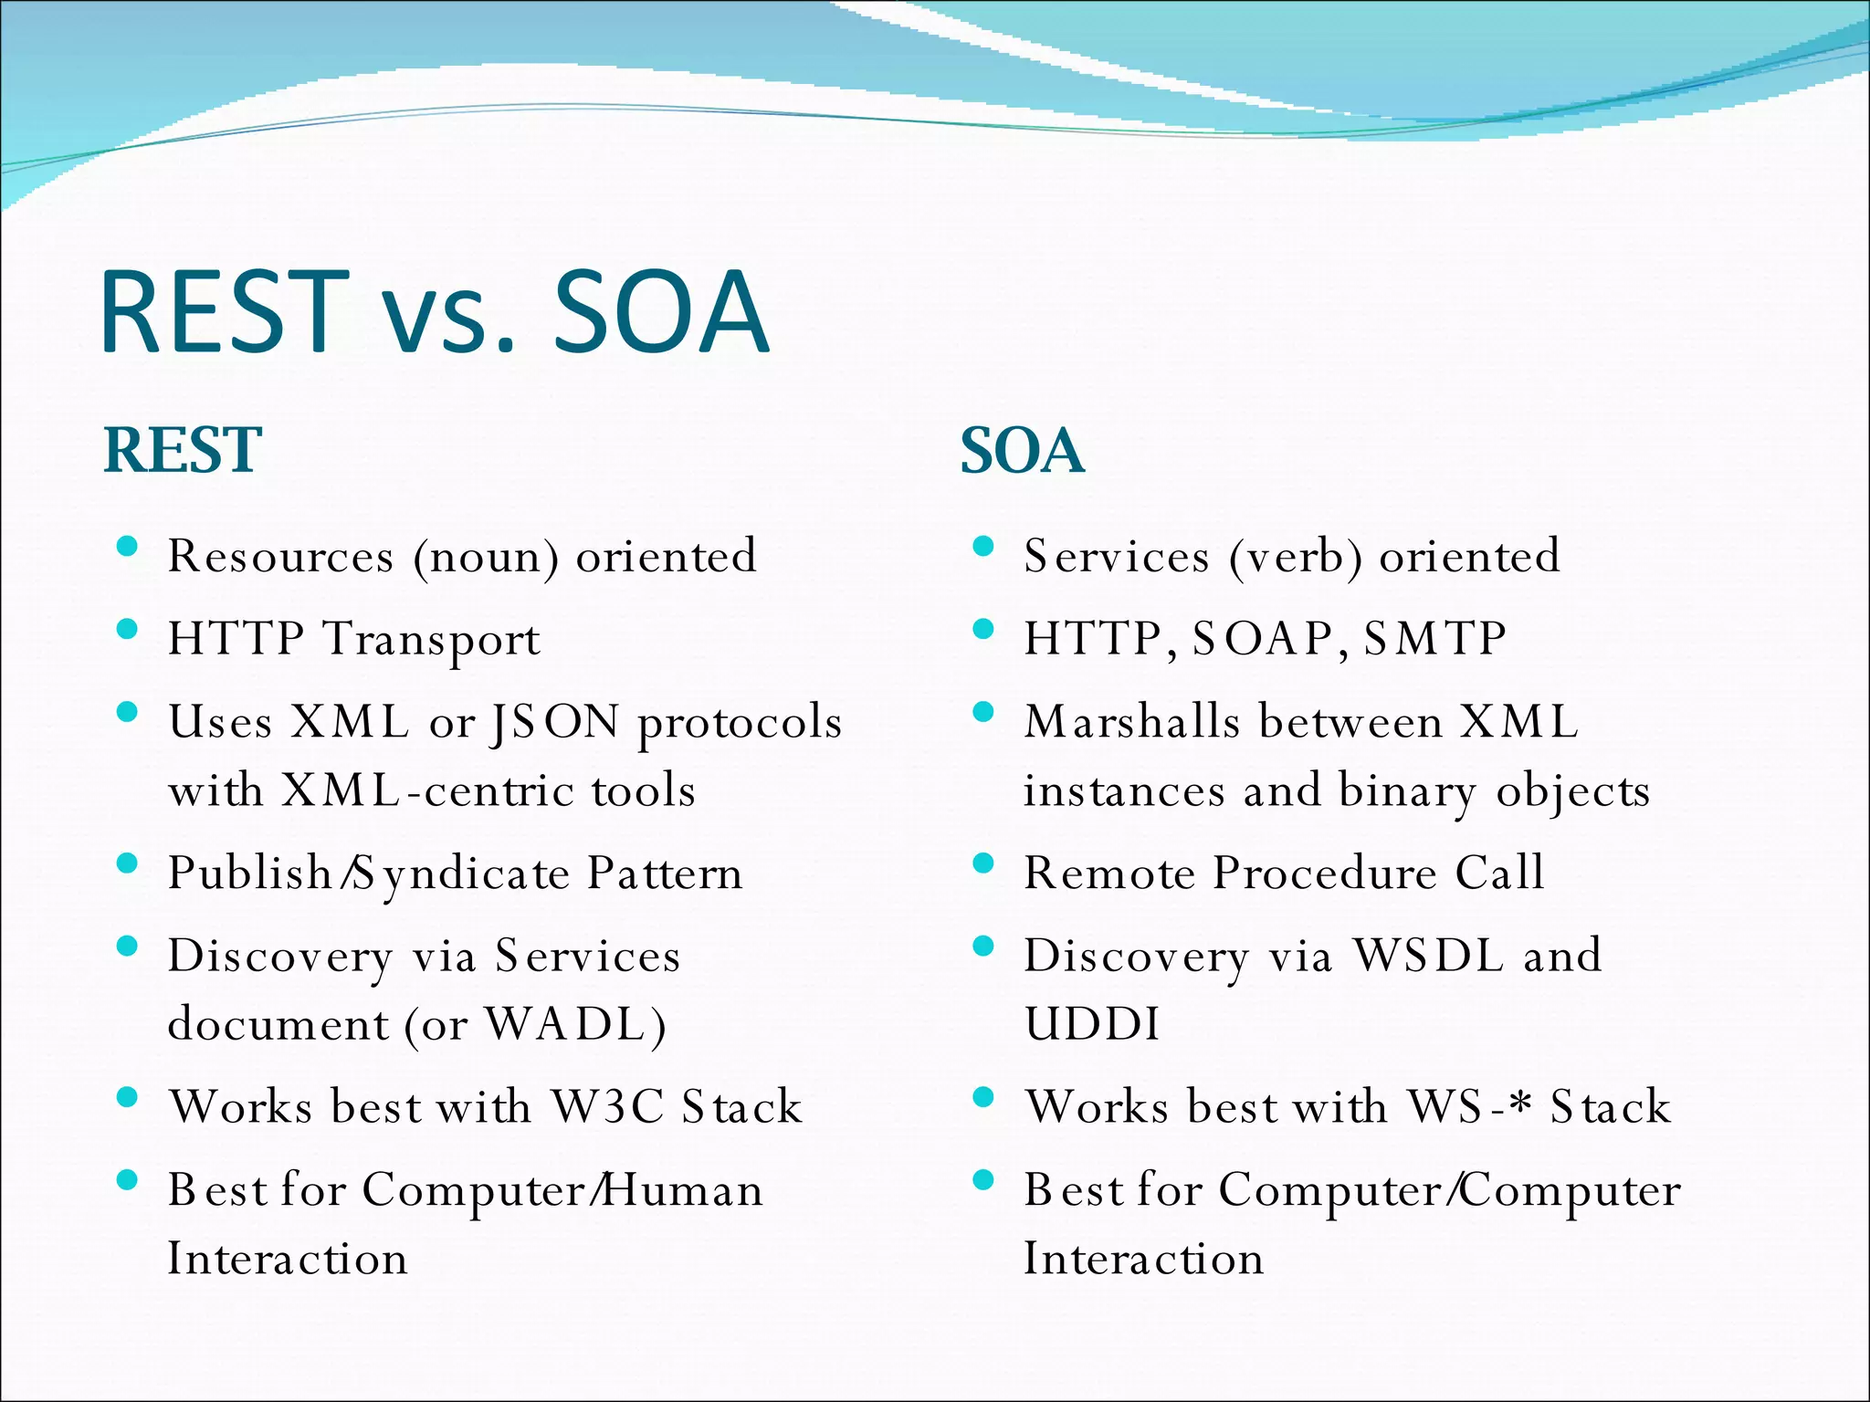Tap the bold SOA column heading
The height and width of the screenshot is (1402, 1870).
point(1022,451)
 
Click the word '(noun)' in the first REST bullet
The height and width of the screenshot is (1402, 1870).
point(486,557)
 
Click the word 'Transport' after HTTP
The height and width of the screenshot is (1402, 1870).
point(432,640)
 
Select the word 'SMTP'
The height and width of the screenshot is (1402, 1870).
point(1434,638)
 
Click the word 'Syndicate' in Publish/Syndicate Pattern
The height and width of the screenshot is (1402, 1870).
point(460,874)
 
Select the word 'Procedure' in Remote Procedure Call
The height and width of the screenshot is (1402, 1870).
point(1325,873)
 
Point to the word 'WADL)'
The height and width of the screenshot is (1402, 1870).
point(575,1024)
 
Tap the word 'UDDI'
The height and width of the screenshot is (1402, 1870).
point(1092,1024)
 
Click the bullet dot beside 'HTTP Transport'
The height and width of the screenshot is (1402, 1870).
point(128,630)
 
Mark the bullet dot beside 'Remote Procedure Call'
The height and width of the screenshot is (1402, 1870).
point(983,863)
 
